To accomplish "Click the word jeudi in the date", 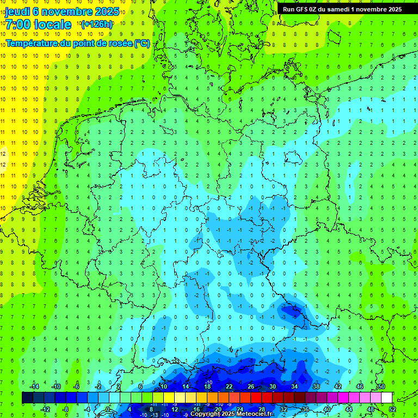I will (18, 11).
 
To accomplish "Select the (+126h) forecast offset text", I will (96, 24).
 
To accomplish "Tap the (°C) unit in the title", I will (142, 43).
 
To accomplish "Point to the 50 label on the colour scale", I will (381, 386).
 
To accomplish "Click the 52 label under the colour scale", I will (392, 409).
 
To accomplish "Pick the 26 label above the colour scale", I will (251, 386).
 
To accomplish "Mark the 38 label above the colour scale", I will (316, 386).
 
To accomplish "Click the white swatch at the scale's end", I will (386, 398).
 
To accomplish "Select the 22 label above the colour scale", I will (229, 386).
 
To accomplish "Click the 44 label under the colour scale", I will (348, 409).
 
